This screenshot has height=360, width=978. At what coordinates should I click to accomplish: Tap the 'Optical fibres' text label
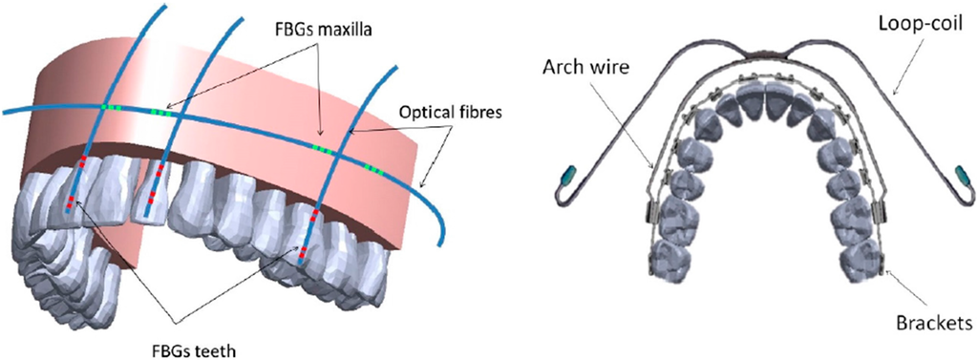coord(448,112)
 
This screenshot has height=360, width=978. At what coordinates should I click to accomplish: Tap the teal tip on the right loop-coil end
coord(960,175)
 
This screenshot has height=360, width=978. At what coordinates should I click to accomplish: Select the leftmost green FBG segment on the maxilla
coord(115,108)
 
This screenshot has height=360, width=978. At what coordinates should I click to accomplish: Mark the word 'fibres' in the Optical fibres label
coord(472,112)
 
